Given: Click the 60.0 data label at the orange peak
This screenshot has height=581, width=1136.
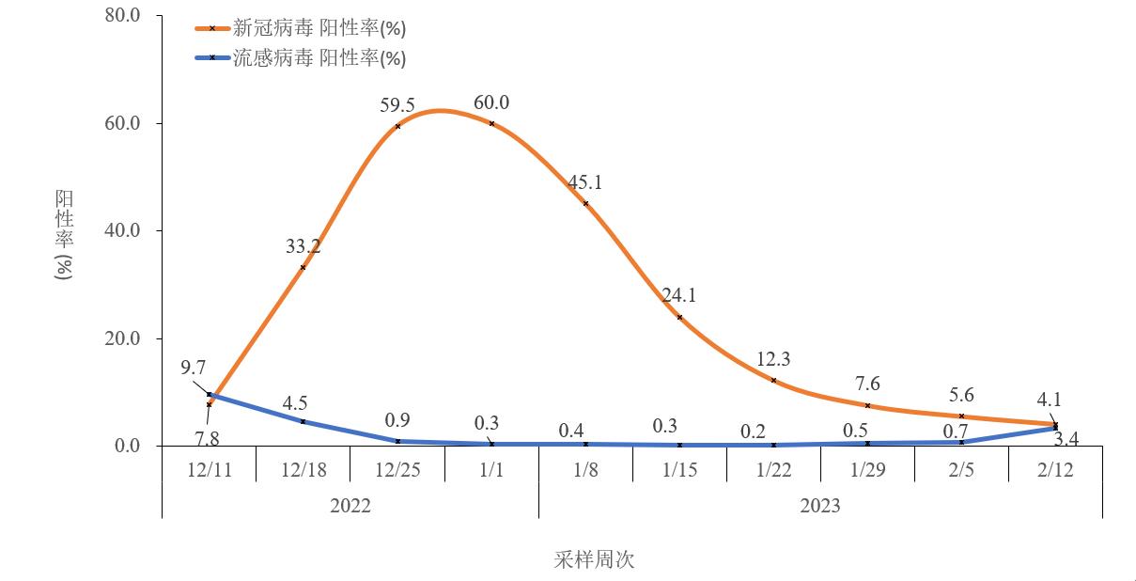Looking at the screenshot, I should (491, 102).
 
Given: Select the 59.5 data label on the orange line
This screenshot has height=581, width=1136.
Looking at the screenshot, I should (397, 104).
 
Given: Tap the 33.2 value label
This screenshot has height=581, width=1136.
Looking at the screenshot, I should (303, 246).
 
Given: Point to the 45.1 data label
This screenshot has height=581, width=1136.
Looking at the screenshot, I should (585, 182).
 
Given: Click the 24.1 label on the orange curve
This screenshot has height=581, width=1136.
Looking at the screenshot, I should (679, 295).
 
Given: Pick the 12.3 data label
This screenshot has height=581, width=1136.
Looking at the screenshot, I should (773, 358).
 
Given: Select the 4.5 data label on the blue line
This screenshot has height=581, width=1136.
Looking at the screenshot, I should (295, 403).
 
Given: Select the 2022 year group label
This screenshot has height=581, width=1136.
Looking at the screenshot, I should (350, 506).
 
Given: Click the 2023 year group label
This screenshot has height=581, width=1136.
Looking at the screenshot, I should (820, 506).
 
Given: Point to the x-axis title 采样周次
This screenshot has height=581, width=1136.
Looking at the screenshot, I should (594, 560).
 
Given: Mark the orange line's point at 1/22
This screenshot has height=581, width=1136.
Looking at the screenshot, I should (773, 380).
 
